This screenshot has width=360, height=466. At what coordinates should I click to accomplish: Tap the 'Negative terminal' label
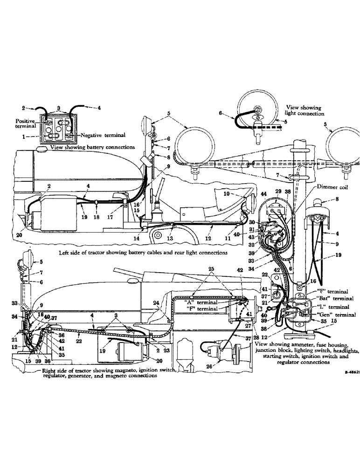click(103, 135)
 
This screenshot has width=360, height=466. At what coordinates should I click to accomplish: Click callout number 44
click(264, 194)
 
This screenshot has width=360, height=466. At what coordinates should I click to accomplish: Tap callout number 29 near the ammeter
click(278, 192)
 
